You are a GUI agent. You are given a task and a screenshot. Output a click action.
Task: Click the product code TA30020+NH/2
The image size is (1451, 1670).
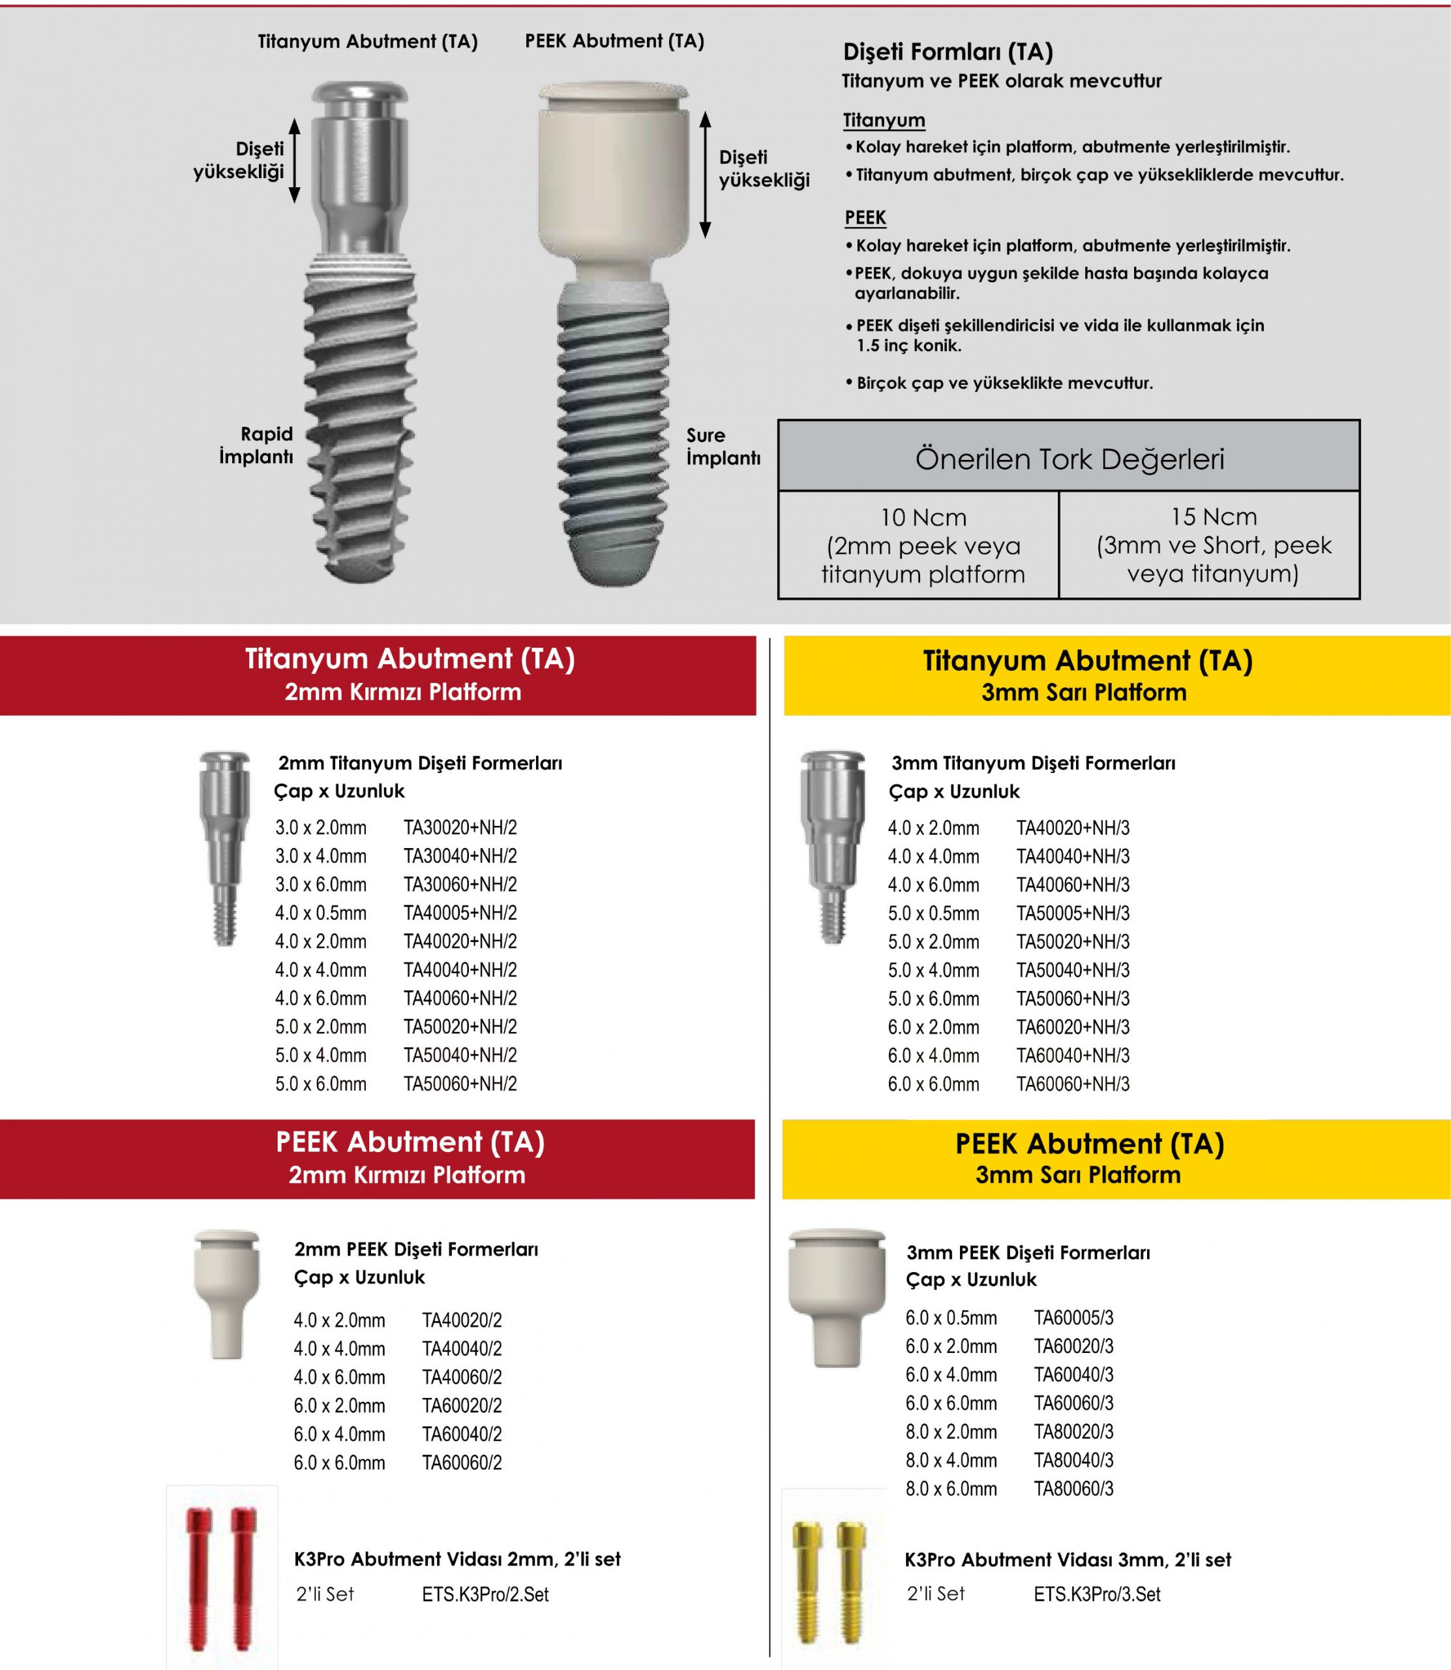(460, 828)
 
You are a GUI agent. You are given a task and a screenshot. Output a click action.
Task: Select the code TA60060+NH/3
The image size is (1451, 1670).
(1073, 1084)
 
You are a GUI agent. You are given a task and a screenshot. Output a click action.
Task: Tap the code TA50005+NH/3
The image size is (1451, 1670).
(1073, 913)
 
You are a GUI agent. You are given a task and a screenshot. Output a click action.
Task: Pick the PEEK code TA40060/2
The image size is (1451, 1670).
(462, 1377)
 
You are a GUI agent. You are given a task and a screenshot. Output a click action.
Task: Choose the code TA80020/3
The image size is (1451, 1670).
(1073, 1431)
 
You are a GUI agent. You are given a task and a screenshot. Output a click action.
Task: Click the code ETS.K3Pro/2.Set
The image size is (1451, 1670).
(485, 1594)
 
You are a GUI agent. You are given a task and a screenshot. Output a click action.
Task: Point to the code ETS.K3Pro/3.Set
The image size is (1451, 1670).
(1097, 1594)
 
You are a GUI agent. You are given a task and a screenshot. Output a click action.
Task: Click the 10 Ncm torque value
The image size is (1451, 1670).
(923, 517)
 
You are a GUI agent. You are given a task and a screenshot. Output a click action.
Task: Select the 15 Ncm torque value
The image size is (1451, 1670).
(1214, 516)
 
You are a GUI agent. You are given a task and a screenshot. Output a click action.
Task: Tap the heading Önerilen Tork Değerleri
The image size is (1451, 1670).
(1069, 459)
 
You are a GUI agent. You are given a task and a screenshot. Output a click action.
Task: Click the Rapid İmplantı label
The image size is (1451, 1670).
(256, 446)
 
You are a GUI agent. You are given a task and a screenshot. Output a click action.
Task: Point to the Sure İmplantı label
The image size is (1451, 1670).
(723, 446)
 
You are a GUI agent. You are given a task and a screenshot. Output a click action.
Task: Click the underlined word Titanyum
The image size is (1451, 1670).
(884, 121)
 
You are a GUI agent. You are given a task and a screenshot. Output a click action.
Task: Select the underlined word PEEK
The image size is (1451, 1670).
(865, 218)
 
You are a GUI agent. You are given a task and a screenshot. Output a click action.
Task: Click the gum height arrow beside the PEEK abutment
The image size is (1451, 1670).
(705, 175)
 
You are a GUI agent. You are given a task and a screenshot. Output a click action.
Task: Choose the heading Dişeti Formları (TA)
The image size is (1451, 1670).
(948, 52)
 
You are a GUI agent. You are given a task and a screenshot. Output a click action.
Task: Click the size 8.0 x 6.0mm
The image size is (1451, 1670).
(951, 1489)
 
